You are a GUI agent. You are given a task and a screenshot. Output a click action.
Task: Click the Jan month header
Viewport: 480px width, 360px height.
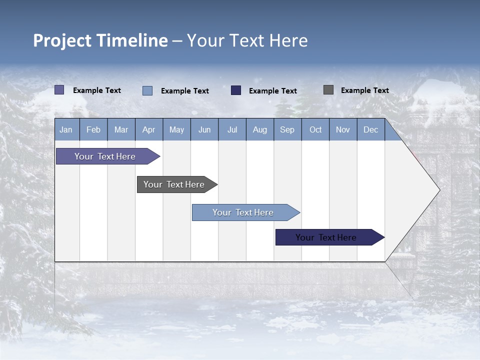[x=66, y=129]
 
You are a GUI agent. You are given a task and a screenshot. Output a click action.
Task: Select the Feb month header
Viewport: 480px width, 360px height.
[x=93, y=129]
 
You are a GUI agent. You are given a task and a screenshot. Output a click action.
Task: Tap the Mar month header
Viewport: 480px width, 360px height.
[x=121, y=129]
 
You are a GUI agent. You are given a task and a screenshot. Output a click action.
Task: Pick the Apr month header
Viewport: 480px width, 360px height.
[x=148, y=129]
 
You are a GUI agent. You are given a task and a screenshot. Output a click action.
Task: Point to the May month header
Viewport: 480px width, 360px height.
[x=176, y=129]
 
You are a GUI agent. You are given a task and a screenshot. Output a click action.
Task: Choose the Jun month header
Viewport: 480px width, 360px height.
[x=204, y=129]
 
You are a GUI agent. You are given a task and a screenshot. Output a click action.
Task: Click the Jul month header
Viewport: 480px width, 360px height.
[x=232, y=129]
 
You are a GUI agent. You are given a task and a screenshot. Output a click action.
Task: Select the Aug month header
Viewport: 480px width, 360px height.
[x=260, y=129]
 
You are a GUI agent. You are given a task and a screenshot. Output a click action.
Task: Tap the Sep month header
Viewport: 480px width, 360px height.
[x=287, y=129]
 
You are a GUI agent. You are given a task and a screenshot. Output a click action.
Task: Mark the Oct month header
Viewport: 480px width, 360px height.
[x=315, y=129]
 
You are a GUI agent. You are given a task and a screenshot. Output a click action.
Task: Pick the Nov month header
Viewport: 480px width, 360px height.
[x=343, y=129]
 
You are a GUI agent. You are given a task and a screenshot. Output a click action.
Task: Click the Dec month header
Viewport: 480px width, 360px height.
[x=371, y=129]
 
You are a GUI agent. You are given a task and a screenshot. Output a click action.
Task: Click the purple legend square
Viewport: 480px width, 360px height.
[x=59, y=90]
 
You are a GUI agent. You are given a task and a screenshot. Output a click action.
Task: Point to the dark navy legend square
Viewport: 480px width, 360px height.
[x=236, y=90]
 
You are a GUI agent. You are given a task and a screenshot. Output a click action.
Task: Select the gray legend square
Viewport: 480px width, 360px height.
[x=328, y=90]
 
